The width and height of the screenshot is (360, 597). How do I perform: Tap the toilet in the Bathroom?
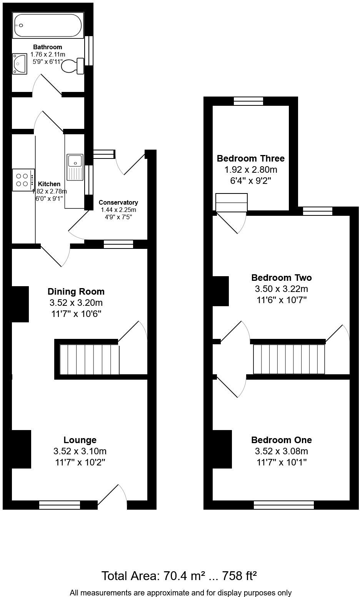coord(73,66)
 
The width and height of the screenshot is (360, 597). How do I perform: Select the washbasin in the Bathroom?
coord(20,63)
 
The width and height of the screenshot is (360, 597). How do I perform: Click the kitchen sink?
coord(75,167)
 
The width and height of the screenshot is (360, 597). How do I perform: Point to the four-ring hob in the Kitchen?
coord(23,180)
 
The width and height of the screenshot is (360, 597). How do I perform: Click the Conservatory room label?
coord(118,202)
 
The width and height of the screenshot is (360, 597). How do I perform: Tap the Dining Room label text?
coord(76,291)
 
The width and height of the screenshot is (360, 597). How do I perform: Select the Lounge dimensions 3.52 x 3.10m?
coord(80,451)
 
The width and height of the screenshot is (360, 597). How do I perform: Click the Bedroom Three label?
coord(251,158)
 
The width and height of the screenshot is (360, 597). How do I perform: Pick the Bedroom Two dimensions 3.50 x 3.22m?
coord(282,288)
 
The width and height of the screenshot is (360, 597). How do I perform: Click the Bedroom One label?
coord(282,440)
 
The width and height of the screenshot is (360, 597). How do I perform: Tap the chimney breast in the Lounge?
coord(21,449)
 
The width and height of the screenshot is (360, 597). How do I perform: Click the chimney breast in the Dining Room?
coord(20,304)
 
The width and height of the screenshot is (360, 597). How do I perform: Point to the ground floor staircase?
coord(89,359)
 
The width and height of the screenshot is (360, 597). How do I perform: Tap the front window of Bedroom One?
coord(284,505)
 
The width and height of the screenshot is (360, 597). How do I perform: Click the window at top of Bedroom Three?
coord(248,101)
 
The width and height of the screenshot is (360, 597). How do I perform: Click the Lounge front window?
coord(60,505)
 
